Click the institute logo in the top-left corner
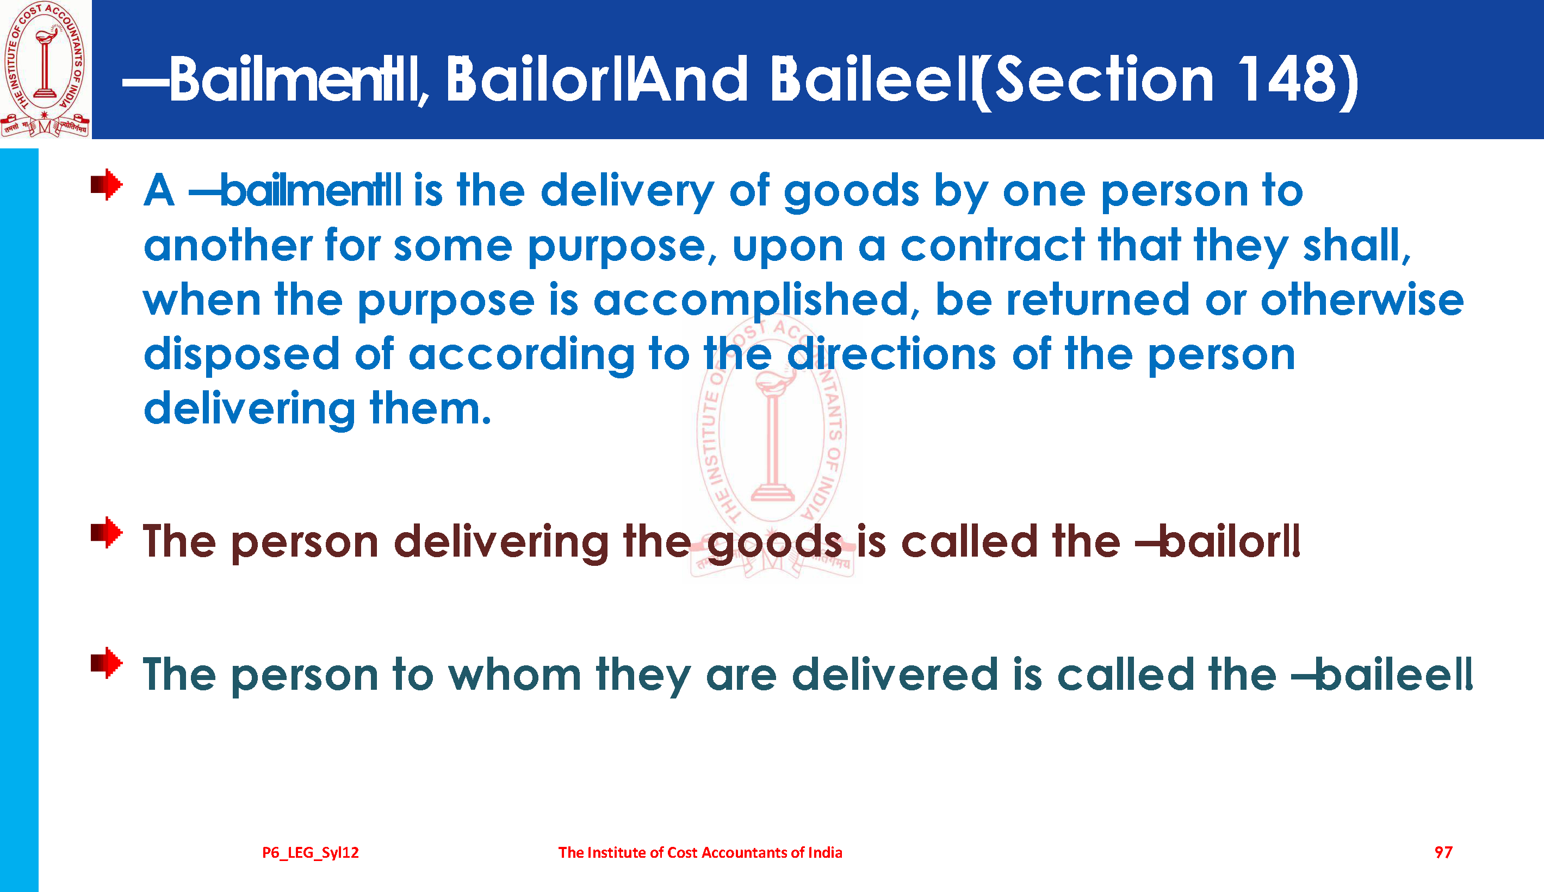click(x=45, y=69)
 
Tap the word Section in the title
click(x=1103, y=79)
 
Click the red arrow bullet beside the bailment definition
click(x=107, y=184)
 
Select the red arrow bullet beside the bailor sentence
click(x=107, y=533)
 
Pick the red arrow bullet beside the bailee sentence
click(x=107, y=663)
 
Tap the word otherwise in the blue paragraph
click(x=1361, y=300)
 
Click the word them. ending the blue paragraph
click(x=430, y=408)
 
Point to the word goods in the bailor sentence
click(x=774, y=544)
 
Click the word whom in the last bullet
click(x=514, y=674)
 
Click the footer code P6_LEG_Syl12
click(x=311, y=853)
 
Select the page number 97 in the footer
click(x=1443, y=852)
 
